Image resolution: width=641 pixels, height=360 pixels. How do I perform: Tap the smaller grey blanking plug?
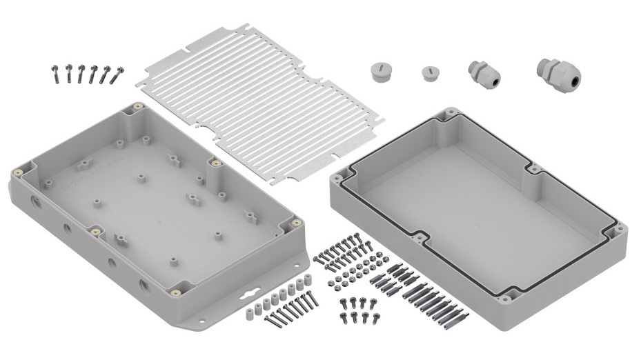point(428,72)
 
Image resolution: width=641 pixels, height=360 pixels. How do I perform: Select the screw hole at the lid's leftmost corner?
point(339,177)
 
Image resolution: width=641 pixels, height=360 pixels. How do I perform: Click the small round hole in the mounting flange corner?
point(204,319)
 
